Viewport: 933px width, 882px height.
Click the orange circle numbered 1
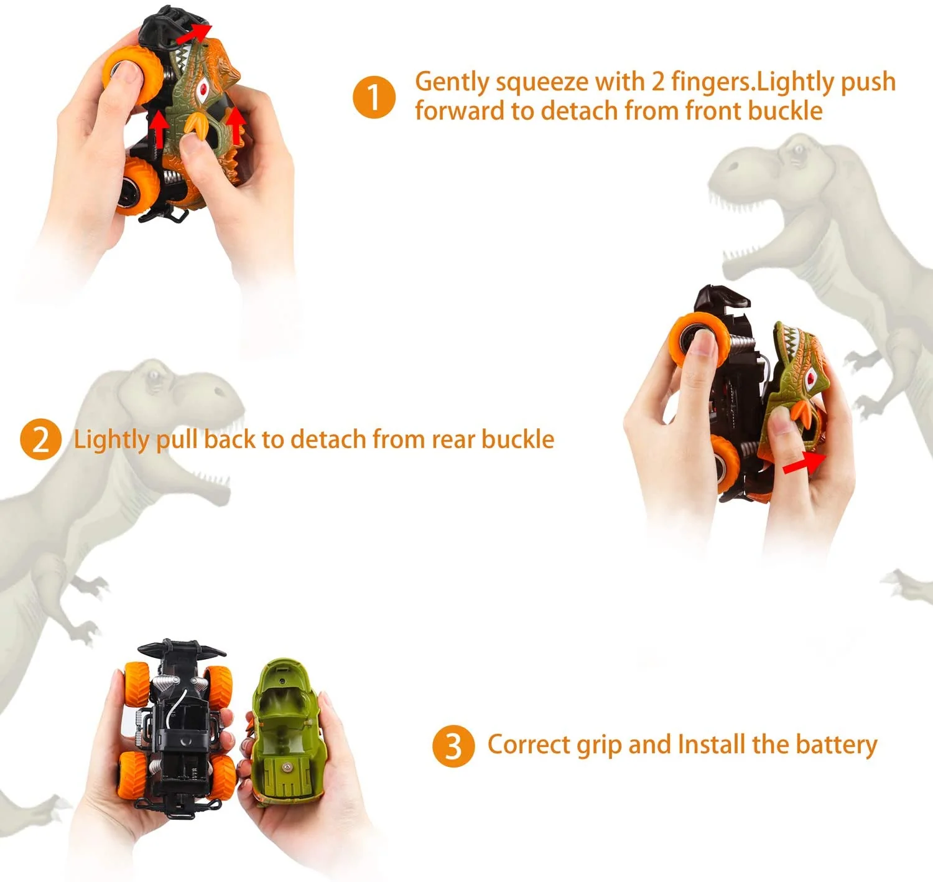click(374, 97)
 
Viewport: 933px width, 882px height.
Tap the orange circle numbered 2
click(40, 439)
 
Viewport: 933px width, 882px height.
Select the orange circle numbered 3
click(453, 746)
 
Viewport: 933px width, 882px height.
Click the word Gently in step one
click(452, 83)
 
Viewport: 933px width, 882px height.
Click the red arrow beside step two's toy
click(804, 463)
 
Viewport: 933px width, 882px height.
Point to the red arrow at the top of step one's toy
click(193, 34)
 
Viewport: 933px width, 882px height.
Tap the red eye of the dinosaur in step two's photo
click(810, 377)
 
